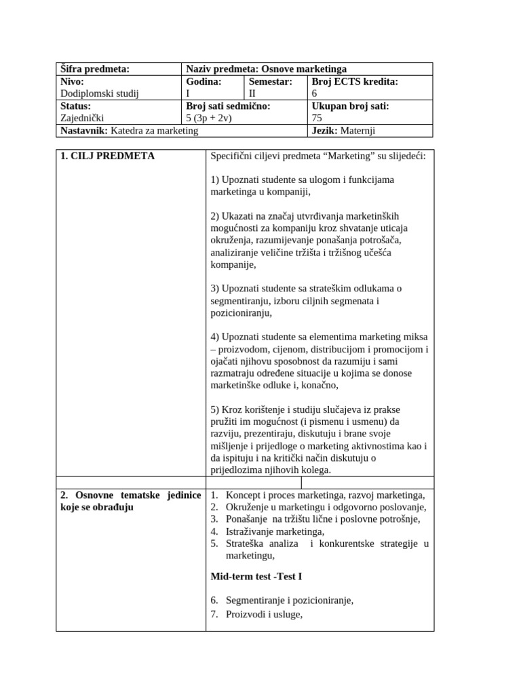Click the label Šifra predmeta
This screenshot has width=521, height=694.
point(95,69)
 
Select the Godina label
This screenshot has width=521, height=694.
point(204,81)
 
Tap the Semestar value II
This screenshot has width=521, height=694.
point(253,94)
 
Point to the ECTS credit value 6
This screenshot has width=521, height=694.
point(314,94)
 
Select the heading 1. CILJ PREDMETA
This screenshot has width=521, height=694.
point(107,156)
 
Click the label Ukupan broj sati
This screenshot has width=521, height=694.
point(350,106)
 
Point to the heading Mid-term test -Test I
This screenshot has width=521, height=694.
point(256,577)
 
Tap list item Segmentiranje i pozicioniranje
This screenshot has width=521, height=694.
point(290,600)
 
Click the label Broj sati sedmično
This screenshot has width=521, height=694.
point(228,106)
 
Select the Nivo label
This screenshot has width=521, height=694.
point(72,81)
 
